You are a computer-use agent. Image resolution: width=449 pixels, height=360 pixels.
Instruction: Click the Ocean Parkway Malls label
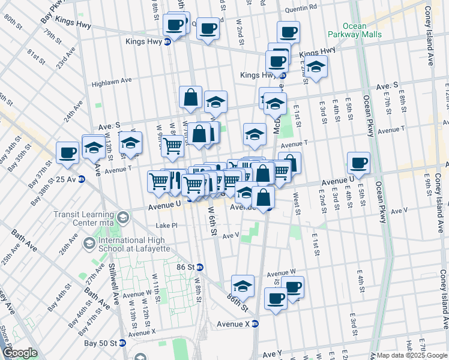[362, 30]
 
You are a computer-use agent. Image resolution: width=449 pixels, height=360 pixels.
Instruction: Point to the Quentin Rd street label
[301, 9]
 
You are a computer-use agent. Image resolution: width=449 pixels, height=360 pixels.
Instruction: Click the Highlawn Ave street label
[111, 83]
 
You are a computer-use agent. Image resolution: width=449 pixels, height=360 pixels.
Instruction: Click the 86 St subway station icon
[200, 267]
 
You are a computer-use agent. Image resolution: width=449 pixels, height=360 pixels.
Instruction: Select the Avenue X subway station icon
[255, 323]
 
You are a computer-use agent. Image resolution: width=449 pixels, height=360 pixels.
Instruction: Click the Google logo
[20, 353]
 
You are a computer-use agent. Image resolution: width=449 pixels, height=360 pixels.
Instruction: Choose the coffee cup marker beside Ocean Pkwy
[358, 163]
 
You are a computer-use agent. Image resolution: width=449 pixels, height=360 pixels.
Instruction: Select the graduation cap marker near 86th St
[243, 286]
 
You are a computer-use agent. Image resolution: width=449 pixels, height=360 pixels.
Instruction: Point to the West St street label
[297, 203]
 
